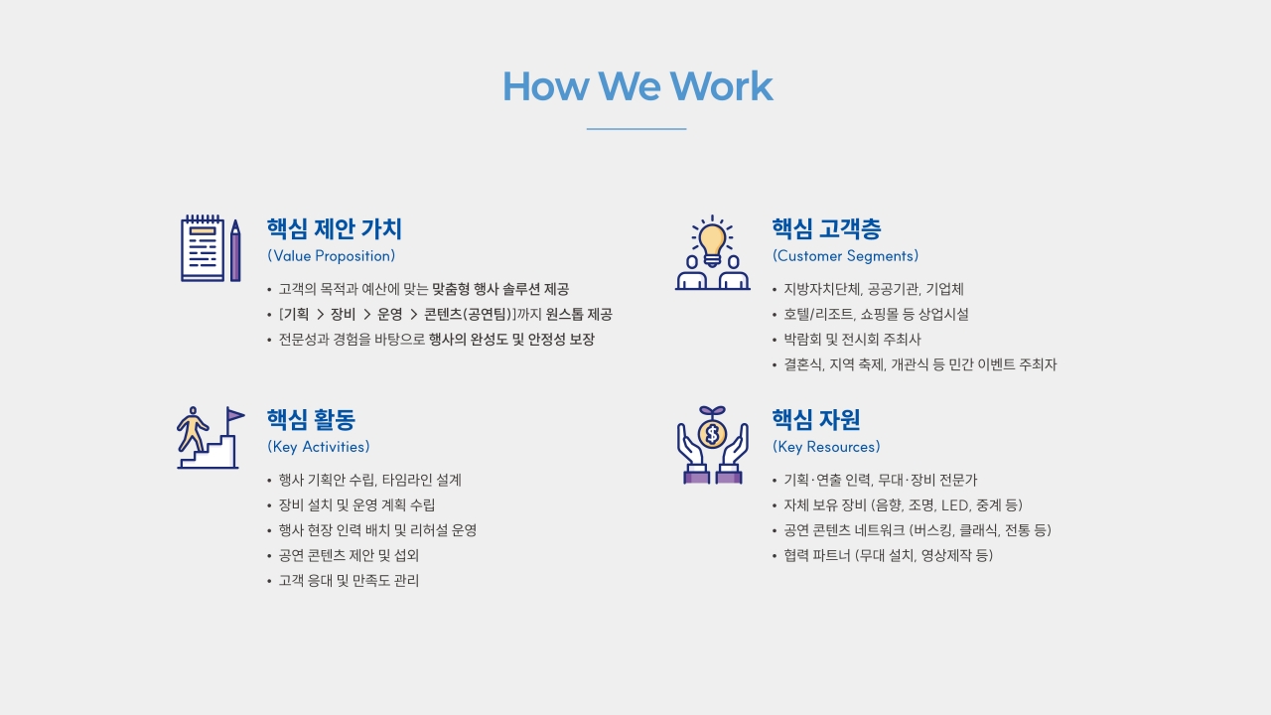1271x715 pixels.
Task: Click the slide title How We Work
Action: (636, 86)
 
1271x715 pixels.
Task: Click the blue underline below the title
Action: (636, 129)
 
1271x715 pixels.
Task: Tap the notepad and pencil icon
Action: (211, 248)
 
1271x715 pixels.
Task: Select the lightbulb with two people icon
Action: (712, 253)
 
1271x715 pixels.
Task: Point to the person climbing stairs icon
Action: (210, 438)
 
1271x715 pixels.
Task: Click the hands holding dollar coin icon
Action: (712, 445)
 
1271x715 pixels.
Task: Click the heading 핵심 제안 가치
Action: (335, 229)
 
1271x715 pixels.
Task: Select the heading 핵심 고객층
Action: (826, 229)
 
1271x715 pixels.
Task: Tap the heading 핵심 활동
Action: (311, 420)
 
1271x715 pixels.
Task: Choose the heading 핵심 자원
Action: (816, 420)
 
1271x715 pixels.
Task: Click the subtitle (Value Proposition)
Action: (331, 256)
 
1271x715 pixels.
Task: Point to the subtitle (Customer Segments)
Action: (845, 256)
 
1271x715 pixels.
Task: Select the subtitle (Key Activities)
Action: (318, 447)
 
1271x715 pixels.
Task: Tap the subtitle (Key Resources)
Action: (826, 447)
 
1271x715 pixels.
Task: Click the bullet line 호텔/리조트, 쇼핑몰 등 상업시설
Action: (876, 315)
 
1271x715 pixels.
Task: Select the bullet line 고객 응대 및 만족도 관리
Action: (349, 581)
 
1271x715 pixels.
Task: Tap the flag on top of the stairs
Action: (234, 414)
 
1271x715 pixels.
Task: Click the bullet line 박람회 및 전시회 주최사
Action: (852, 340)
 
